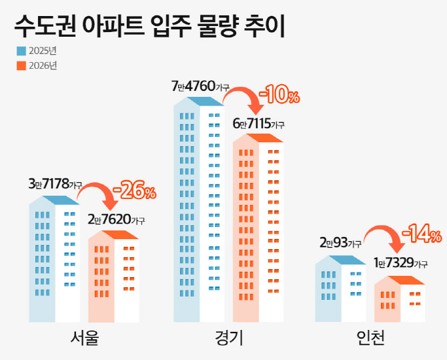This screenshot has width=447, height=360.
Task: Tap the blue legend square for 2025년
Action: click(x=21, y=51)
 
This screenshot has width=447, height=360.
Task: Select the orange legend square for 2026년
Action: click(x=21, y=65)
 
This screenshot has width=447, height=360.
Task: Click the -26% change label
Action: click(x=134, y=192)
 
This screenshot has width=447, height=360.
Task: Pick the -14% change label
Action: click(x=421, y=234)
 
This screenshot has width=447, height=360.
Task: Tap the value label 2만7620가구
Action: click(x=116, y=219)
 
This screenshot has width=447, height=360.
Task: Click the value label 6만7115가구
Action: click(x=258, y=124)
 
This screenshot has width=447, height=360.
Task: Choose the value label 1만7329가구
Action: click(x=400, y=264)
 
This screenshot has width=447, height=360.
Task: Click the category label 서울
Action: click(x=84, y=339)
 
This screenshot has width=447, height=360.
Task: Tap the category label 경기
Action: click(x=229, y=339)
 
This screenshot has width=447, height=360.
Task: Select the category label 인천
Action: click(x=370, y=339)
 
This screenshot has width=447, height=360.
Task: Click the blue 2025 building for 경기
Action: click(x=198, y=214)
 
